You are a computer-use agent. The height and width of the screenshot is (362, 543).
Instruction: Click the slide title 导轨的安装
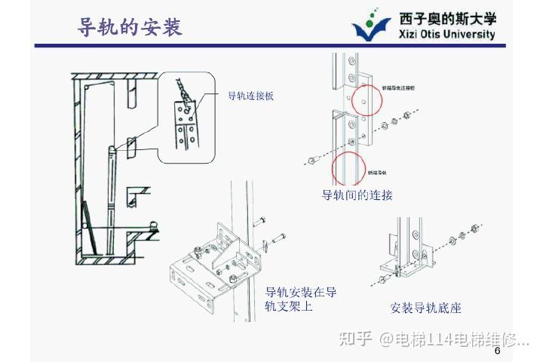(x=130, y=27)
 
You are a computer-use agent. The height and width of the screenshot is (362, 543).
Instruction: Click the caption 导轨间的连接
(x=357, y=195)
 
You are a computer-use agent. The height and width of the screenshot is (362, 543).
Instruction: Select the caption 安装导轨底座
(x=425, y=308)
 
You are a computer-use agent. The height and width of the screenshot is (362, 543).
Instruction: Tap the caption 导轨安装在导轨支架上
(x=301, y=299)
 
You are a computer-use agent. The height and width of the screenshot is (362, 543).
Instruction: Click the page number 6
(x=497, y=351)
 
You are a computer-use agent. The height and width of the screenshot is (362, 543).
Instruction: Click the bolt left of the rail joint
(x=311, y=160)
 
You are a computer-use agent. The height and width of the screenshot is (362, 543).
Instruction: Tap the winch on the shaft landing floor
(x=154, y=225)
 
